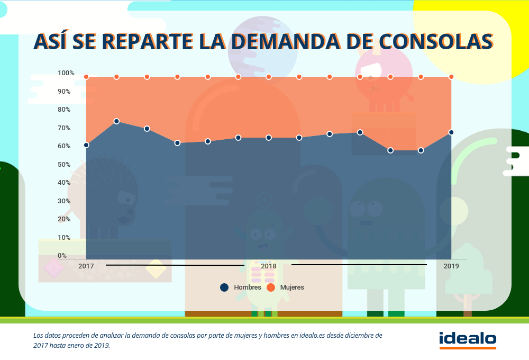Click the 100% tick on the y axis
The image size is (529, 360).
[x=66, y=73]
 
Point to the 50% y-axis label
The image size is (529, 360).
[x=65, y=165]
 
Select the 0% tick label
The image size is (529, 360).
[x=62, y=256]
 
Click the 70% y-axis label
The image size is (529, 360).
[x=65, y=128]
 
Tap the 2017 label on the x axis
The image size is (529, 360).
[x=86, y=266]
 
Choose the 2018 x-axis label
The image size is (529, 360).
[x=269, y=266]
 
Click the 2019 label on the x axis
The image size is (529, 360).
[x=451, y=266]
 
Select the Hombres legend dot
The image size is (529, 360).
[x=224, y=287]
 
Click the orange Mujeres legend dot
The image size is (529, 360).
[x=270, y=287]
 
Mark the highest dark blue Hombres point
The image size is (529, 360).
[x=116, y=121]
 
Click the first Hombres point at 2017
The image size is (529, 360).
[x=86, y=145]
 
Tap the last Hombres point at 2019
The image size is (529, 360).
[x=451, y=132]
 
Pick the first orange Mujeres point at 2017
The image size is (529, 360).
[x=86, y=77]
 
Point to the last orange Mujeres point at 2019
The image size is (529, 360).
[x=451, y=77]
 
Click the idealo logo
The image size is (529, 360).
[x=468, y=339]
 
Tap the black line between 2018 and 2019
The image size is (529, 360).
[x=359, y=264]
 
